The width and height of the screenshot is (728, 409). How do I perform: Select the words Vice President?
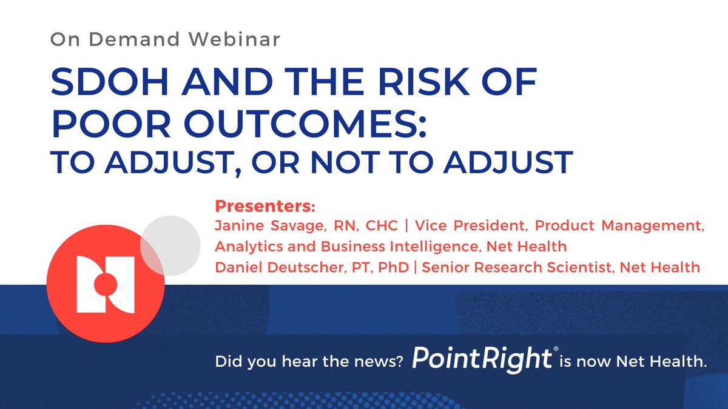point(453,226)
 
